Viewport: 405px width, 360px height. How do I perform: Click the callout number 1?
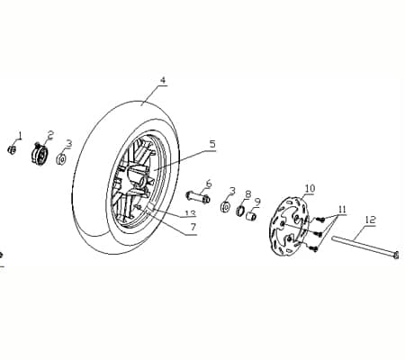pyautogui.click(x=20, y=136)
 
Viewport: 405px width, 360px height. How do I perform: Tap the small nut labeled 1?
pyautogui.click(x=12, y=149)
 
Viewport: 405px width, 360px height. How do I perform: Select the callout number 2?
pyautogui.click(x=49, y=135)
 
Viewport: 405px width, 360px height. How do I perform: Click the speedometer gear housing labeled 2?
pyautogui.click(x=40, y=155)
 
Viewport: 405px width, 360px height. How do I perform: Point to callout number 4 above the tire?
pyautogui.click(x=163, y=80)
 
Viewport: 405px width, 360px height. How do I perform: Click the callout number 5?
pyautogui.click(x=212, y=144)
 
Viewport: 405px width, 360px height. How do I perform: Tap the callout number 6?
pyautogui.click(x=209, y=184)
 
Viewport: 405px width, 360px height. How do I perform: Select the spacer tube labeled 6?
pyautogui.click(x=198, y=196)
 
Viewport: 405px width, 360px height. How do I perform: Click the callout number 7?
pyautogui.click(x=193, y=227)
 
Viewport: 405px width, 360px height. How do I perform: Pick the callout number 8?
pyautogui.click(x=247, y=194)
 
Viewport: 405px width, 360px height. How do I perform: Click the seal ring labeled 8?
pyautogui.click(x=240, y=211)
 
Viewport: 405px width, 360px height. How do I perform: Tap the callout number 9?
pyautogui.click(x=257, y=202)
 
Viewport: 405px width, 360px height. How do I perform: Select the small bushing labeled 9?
pyautogui.click(x=251, y=216)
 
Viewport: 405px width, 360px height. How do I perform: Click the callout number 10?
pyautogui.click(x=310, y=189)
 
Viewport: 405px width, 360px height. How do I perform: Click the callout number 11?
pyautogui.click(x=342, y=210)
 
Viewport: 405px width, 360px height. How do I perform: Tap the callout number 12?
pyautogui.click(x=371, y=220)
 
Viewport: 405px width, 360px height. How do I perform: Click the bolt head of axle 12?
pyautogui.click(x=396, y=255)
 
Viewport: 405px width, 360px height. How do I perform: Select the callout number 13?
pyautogui.click(x=190, y=213)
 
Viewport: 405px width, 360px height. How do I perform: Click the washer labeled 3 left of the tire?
pyautogui.click(x=61, y=158)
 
